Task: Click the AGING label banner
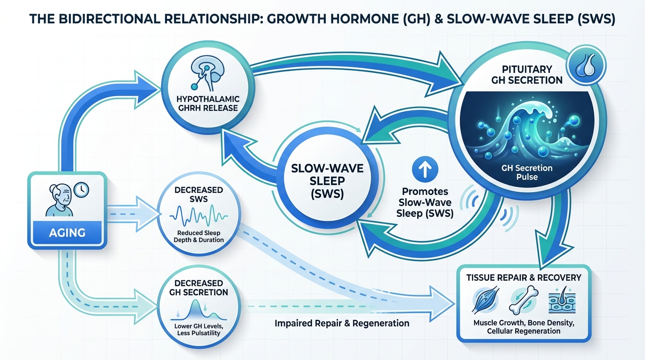point(67,232)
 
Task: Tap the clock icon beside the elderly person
point(81,189)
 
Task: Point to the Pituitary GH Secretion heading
point(526,75)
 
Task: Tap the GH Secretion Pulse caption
point(527,172)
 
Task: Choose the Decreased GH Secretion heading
point(199,287)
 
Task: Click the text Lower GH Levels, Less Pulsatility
point(199,329)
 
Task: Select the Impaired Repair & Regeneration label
point(342,323)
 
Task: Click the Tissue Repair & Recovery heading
point(524,277)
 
